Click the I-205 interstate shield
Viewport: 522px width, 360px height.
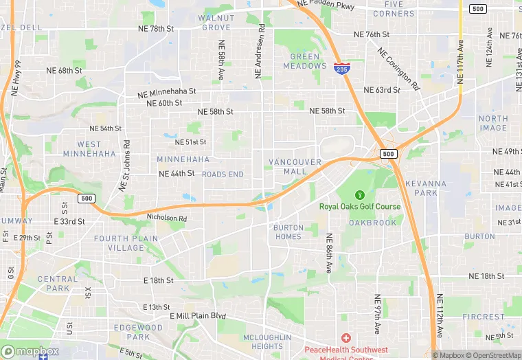(x=341, y=67)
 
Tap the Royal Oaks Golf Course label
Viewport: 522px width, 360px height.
(x=359, y=206)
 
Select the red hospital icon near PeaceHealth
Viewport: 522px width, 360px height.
(x=345, y=339)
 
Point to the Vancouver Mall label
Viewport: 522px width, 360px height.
(x=295, y=166)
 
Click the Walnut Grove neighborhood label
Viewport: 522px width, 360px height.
(x=216, y=22)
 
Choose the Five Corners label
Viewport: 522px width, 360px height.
(x=394, y=9)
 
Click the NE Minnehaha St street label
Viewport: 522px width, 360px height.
(x=166, y=92)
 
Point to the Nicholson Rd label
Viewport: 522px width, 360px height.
(x=167, y=218)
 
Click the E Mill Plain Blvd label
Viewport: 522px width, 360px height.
(x=198, y=316)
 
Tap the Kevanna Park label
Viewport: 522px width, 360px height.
(x=425, y=188)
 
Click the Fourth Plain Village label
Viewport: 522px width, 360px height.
(x=126, y=243)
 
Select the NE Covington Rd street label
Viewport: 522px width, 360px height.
(x=398, y=69)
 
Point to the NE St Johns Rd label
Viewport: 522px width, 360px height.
(x=125, y=166)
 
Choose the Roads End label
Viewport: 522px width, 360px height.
(x=223, y=175)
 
